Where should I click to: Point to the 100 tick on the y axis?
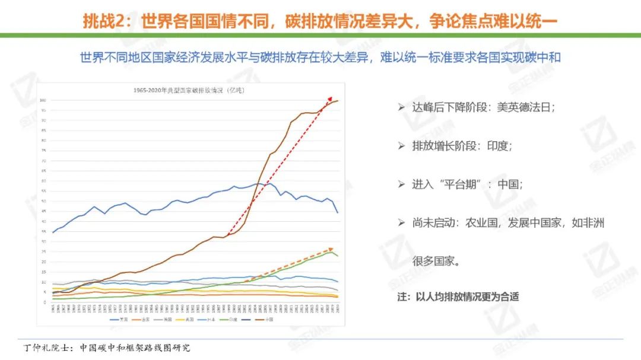point(43,100)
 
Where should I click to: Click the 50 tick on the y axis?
point(43,201)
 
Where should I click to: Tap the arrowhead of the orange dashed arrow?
point(331,249)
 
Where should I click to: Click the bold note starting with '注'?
point(458,297)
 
